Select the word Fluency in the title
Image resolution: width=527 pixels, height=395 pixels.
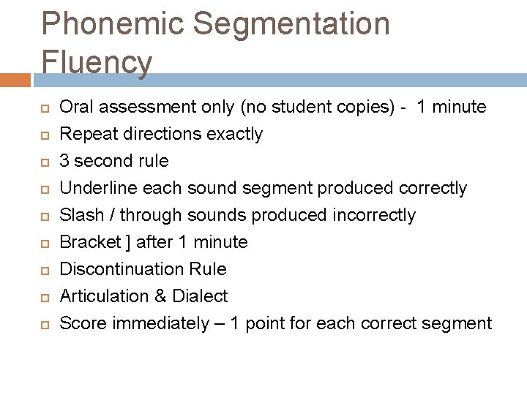(97, 62)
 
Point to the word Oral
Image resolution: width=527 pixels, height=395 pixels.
(77, 107)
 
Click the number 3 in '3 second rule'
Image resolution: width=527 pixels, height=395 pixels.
(64, 161)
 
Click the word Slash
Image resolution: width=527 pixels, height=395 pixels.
(82, 215)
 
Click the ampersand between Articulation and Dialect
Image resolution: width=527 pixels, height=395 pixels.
(160, 296)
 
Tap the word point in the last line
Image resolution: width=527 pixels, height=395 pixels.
(269, 323)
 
